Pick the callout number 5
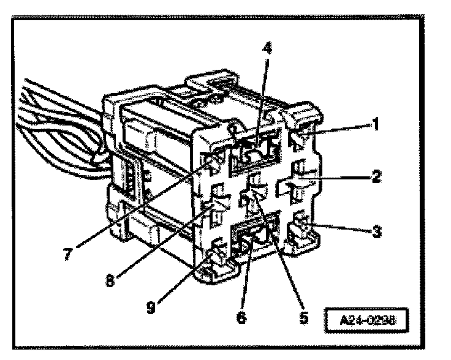[303, 318]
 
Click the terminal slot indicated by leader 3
[298, 231]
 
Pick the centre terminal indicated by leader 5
[254, 194]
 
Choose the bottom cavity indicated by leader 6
[254, 240]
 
